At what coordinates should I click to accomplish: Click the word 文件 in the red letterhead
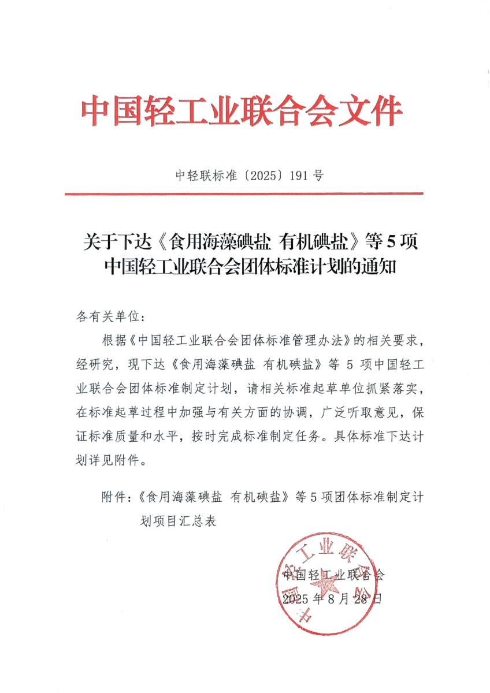coord(374,111)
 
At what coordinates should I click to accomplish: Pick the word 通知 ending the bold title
coord(379,266)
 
